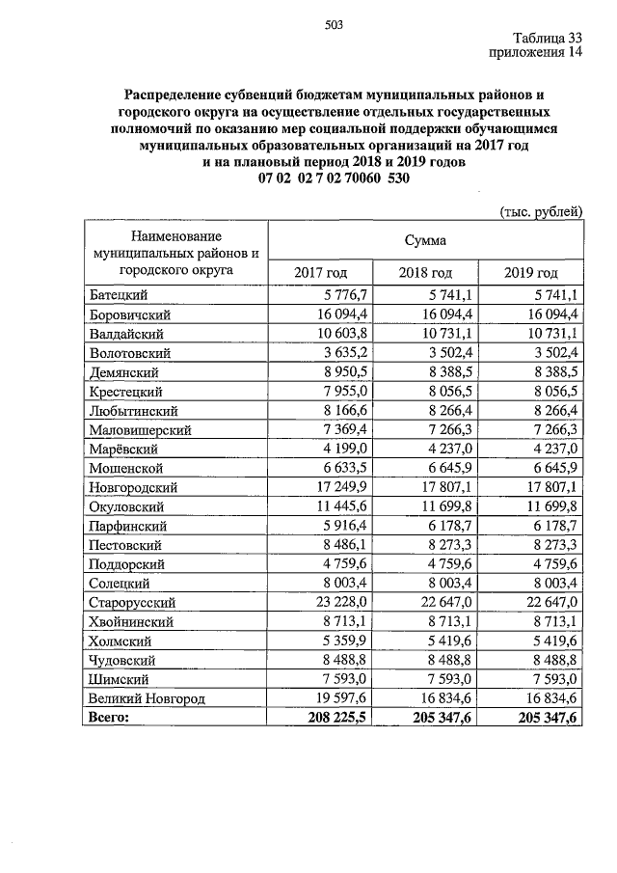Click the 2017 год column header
pos(319,273)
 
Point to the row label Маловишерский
pos(139,429)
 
